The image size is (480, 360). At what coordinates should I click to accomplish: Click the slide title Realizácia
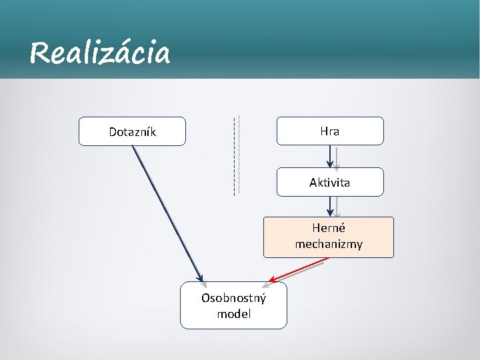100,53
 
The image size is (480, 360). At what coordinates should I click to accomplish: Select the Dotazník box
132,131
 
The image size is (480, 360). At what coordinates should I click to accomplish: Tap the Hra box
330,131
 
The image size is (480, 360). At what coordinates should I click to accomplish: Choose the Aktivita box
330,182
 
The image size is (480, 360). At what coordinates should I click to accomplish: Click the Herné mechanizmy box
329,237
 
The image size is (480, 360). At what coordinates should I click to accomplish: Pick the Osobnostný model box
233,305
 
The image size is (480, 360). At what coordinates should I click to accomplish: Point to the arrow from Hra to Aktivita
330,156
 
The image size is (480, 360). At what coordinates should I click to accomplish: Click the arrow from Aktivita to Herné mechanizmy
330,206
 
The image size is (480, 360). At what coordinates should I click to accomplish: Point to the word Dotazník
132,132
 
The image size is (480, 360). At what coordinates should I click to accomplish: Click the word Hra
330,131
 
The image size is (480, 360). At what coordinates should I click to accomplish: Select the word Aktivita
330,182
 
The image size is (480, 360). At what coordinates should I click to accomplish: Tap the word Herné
329,229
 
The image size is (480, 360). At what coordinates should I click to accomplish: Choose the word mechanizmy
329,244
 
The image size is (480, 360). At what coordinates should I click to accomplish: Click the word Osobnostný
233,298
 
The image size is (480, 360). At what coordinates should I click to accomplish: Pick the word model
233,313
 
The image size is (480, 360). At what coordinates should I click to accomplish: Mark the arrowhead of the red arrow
272,280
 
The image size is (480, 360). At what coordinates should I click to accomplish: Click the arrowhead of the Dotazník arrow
200,278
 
